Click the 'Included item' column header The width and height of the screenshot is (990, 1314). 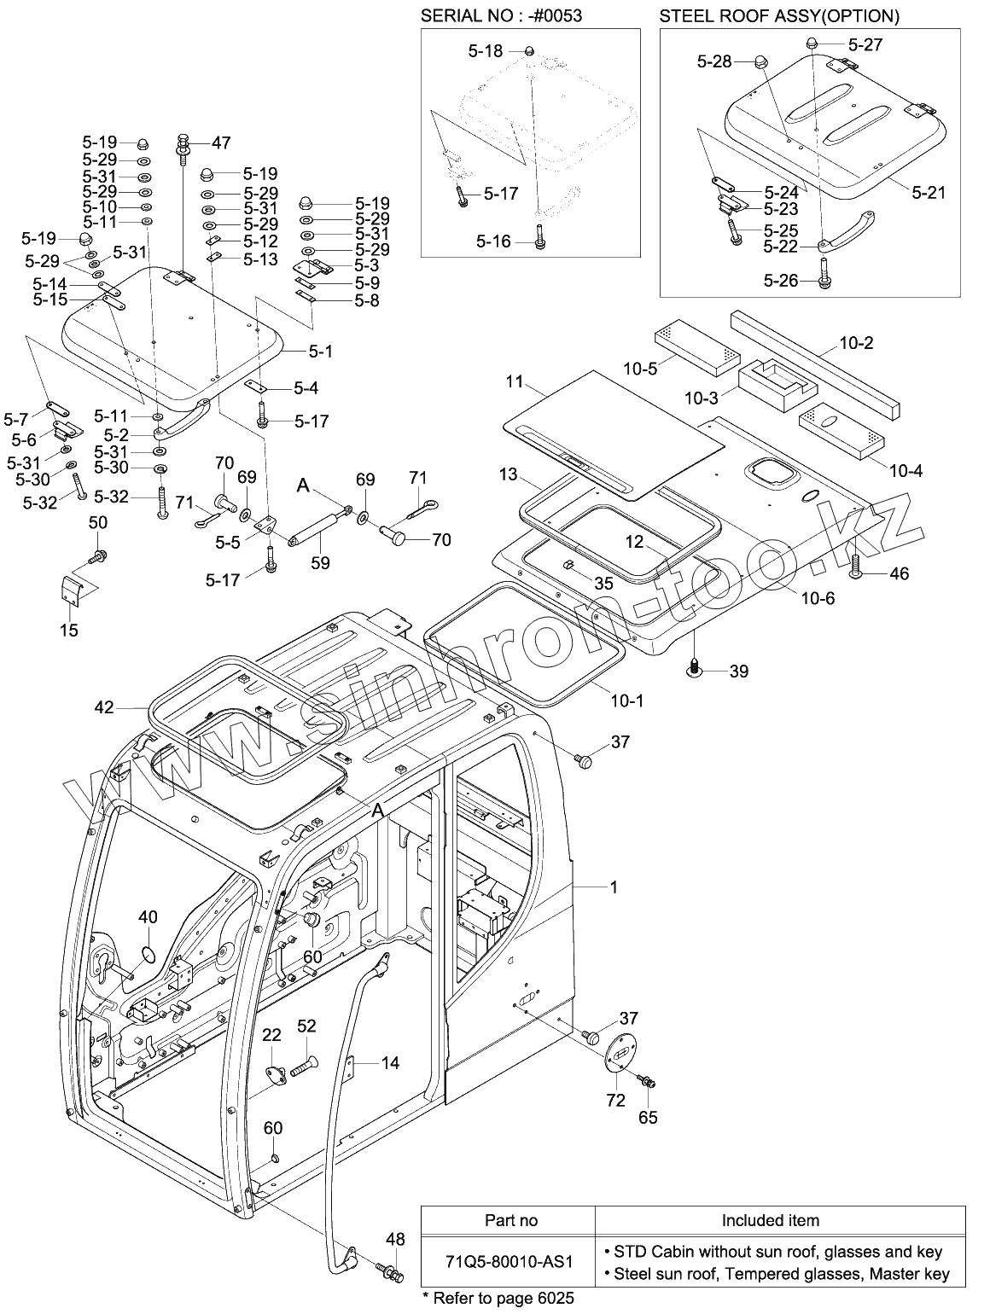(x=770, y=1220)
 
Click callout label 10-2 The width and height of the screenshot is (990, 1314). (x=856, y=343)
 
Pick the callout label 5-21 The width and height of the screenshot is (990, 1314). (x=929, y=193)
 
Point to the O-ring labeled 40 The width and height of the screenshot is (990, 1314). (x=148, y=952)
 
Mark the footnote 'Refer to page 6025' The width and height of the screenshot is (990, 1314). (x=498, y=1299)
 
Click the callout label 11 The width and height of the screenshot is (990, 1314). (x=514, y=381)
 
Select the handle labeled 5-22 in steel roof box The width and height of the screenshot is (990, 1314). (x=845, y=228)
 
